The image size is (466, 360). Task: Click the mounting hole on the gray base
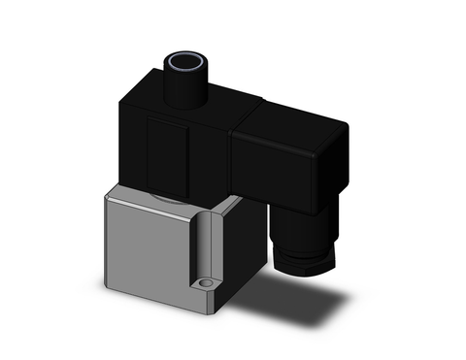coord(205,285)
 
